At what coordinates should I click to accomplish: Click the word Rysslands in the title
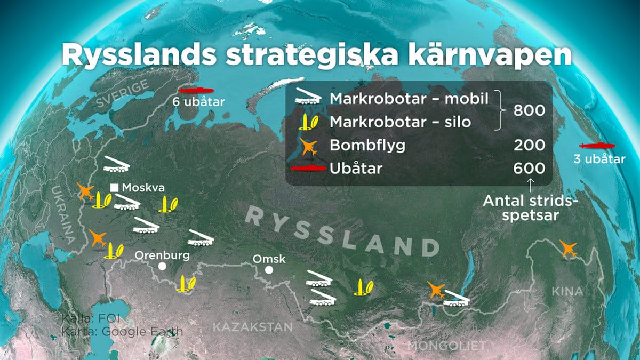pyautogui.click(x=139, y=55)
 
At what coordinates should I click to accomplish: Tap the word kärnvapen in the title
pyautogui.click(x=490, y=55)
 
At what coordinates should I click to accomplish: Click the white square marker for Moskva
pyautogui.click(x=114, y=188)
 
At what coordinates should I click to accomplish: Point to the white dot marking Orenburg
pyautogui.click(x=162, y=266)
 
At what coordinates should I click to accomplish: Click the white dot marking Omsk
pyautogui.click(x=269, y=270)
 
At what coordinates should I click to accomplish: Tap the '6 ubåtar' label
pyautogui.click(x=198, y=102)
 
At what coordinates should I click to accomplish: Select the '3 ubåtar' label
pyautogui.click(x=599, y=159)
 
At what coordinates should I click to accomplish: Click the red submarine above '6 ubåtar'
pyautogui.click(x=196, y=90)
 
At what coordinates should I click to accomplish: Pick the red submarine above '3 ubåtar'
pyautogui.click(x=597, y=146)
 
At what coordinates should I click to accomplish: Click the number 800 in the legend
pyautogui.click(x=529, y=110)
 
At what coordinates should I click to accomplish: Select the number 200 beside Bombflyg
pyautogui.click(x=529, y=146)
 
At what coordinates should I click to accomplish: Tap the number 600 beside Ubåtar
pyautogui.click(x=529, y=169)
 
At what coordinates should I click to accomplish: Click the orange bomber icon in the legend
pyautogui.click(x=309, y=146)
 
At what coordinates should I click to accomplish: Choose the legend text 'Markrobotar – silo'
pyautogui.click(x=401, y=122)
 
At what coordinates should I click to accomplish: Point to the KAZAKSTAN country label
pyautogui.click(x=253, y=327)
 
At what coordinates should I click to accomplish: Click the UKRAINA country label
pyautogui.click(x=63, y=215)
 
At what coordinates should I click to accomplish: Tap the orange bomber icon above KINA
pyautogui.click(x=568, y=249)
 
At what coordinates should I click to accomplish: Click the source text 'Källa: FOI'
pyautogui.click(x=91, y=318)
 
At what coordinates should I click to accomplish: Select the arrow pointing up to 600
pyautogui.click(x=530, y=186)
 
